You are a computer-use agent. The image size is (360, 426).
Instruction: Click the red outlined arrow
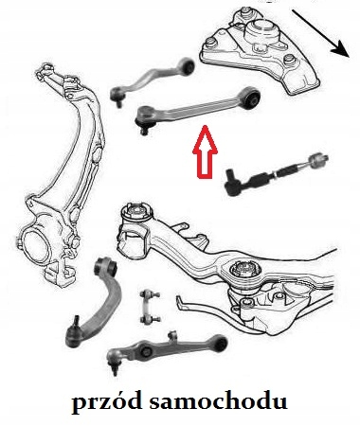tap(206, 151)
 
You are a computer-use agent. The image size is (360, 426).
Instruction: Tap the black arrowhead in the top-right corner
tap(340, 49)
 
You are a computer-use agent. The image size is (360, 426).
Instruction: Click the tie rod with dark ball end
tap(277, 173)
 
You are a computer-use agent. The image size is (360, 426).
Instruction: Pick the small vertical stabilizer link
tap(150, 307)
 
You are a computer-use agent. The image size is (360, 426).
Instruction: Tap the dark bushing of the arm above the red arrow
tap(254, 97)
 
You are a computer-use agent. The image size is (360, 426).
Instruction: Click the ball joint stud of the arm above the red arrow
tap(144, 129)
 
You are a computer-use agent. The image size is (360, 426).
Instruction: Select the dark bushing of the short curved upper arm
tap(190, 67)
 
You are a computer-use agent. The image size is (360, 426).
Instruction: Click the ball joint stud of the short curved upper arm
tap(118, 102)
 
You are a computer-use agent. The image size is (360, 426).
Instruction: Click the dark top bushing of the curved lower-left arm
tap(107, 267)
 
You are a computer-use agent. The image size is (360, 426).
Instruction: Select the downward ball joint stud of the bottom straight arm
tap(115, 368)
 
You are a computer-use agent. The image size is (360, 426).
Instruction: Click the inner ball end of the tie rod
tap(319, 160)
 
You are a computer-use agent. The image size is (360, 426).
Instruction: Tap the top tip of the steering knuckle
tap(45, 68)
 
